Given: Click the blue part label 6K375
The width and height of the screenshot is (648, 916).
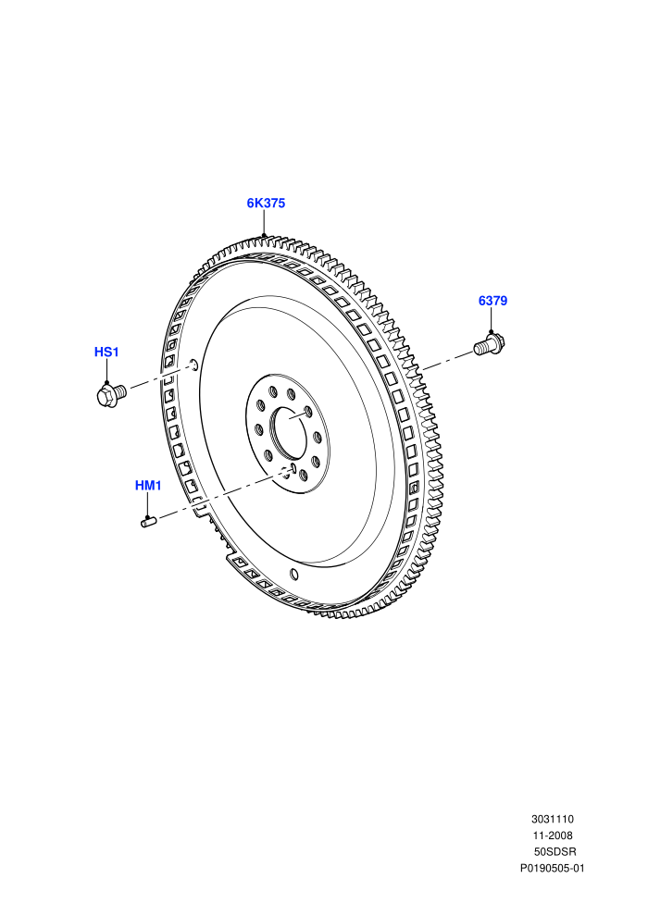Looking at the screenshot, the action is [266, 203].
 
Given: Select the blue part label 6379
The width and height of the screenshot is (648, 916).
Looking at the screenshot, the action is [492, 301].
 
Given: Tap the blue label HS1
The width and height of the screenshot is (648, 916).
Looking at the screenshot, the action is [106, 352].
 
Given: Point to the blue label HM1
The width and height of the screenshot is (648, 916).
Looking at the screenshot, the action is [148, 485].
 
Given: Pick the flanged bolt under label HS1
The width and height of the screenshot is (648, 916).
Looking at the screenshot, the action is [110, 394].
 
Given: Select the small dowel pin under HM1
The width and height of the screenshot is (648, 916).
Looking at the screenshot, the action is [147, 521].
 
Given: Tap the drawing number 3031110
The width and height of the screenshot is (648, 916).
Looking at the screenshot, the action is [552, 819].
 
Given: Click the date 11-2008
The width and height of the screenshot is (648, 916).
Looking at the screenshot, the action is [552, 836].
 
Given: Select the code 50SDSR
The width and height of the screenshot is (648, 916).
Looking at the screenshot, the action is [555, 852].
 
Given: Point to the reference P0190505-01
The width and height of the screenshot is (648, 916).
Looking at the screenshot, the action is [552, 868].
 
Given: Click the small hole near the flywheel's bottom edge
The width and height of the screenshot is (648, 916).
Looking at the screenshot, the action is [294, 575].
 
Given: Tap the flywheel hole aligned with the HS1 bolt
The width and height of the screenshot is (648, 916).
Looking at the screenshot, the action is [194, 366].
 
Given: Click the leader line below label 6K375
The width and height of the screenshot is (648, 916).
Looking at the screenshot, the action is [264, 223].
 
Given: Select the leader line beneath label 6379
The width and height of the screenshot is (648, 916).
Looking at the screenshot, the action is [491, 320].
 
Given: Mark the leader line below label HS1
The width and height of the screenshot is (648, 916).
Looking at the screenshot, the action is [107, 371].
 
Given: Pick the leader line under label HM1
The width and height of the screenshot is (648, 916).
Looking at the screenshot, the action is [148, 504].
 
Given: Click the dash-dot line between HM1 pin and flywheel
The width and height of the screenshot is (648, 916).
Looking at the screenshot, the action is [224, 495].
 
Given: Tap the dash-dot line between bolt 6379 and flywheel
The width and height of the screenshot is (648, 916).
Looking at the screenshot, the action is [446, 361].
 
